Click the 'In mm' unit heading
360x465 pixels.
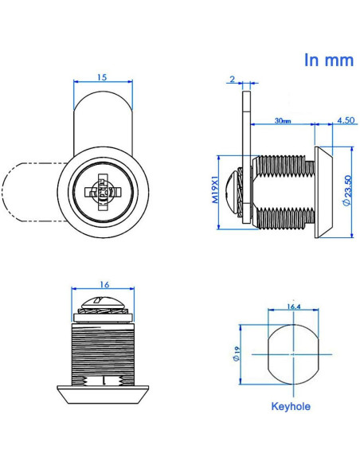pyautogui.click(x=328, y=61)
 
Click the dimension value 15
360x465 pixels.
pyautogui.click(x=102, y=77)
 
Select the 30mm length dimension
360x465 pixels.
pyautogui.click(x=282, y=121)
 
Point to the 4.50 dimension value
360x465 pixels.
pyautogui.click(x=346, y=121)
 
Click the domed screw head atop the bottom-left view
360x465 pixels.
pyautogui.click(x=103, y=303)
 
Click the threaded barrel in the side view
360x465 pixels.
pyautogui.click(x=283, y=191)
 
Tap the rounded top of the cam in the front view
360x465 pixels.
pyautogui.click(x=102, y=111)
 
